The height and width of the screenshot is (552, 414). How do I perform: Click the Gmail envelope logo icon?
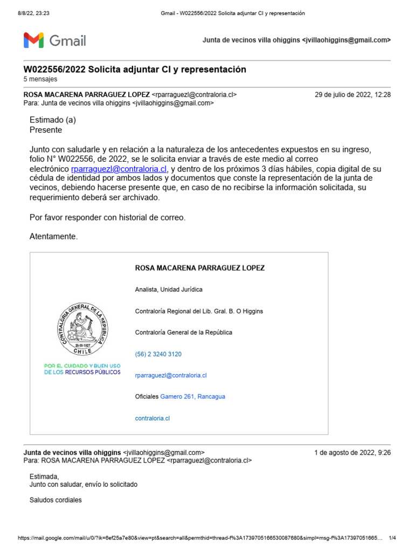click(33, 40)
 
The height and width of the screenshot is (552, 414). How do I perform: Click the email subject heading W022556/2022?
click(135, 70)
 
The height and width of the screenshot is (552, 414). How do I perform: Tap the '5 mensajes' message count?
click(40, 79)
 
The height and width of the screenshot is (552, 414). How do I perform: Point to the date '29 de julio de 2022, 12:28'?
click(353, 95)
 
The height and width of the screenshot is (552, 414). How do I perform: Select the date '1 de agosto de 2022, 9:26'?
click(353, 453)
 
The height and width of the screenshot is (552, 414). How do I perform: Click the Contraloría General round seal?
click(82, 329)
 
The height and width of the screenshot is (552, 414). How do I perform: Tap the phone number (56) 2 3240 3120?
click(158, 354)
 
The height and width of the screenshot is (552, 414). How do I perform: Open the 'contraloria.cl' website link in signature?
click(153, 418)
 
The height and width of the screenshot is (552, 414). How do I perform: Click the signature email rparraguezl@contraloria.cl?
click(171, 375)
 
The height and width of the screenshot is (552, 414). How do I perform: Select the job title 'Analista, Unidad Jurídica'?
click(169, 289)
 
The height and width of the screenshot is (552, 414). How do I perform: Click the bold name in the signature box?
click(199, 268)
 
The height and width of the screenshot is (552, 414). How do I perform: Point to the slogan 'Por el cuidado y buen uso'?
click(82, 366)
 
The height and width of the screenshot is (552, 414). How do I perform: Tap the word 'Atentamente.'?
click(53, 237)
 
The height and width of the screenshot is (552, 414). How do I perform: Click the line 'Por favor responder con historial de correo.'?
click(107, 217)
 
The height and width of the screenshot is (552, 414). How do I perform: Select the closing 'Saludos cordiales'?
click(56, 500)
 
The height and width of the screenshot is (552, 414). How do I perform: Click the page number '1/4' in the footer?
click(392, 538)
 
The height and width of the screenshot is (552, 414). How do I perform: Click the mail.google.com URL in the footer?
click(199, 538)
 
